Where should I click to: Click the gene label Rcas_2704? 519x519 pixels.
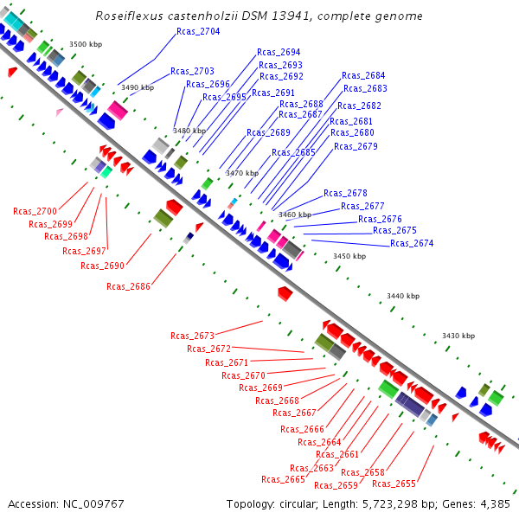198,31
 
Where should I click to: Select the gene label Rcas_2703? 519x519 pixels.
192,71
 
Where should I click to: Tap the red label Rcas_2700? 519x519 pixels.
35,211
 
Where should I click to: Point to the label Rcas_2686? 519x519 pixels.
128,286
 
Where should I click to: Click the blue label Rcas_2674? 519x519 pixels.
412,244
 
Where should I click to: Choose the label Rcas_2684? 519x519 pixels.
363,76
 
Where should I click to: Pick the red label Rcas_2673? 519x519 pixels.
192,336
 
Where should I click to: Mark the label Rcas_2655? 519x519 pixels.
394,484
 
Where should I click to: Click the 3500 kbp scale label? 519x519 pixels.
86,44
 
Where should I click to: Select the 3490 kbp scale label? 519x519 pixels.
138,87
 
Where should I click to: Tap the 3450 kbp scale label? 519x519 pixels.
349,256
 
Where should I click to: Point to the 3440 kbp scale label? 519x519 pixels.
403,296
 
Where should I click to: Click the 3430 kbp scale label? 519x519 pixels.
458,336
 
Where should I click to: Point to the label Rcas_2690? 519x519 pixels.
102,266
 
